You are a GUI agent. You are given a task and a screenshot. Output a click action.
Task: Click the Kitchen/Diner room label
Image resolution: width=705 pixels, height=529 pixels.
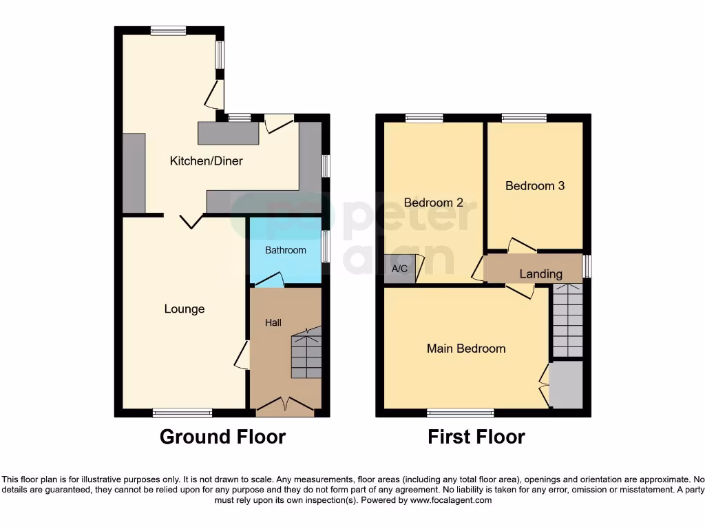(x=207, y=161)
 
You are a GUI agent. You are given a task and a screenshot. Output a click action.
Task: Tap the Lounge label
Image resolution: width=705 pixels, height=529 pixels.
(x=185, y=309)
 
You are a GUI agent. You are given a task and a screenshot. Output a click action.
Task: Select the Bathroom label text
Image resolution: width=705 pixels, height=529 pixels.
(x=286, y=250)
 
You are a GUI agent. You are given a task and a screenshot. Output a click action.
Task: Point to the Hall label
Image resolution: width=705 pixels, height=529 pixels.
(x=273, y=322)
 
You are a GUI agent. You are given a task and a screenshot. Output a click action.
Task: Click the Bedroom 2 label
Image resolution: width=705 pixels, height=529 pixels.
(x=433, y=203)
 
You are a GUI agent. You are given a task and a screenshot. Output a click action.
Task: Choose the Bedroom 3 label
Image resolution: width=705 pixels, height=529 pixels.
(x=535, y=186)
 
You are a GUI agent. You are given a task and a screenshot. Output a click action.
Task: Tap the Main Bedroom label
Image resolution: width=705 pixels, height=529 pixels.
(x=466, y=349)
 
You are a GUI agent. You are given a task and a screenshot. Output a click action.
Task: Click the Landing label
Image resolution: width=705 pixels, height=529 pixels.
(x=540, y=274)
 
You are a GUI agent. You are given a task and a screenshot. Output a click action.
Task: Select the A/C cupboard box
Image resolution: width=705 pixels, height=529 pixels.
(x=399, y=269)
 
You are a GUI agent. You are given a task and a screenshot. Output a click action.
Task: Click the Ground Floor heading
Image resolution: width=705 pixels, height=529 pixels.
(x=222, y=437)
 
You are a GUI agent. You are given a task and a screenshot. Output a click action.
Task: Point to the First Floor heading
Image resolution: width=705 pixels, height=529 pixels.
(x=476, y=437)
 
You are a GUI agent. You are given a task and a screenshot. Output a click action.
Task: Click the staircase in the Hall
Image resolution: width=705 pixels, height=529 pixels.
(x=306, y=354)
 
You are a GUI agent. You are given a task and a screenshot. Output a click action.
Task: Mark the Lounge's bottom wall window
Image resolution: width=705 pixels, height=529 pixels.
(x=182, y=413)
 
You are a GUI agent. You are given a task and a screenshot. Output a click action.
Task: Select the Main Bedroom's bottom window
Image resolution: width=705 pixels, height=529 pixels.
(x=461, y=413)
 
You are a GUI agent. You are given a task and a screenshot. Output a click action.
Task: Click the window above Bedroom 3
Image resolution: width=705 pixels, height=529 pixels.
(x=524, y=118)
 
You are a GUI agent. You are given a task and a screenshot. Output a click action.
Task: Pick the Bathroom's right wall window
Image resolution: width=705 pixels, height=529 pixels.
(x=326, y=246)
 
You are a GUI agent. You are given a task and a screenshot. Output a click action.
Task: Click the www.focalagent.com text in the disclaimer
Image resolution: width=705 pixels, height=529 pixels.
(x=450, y=500)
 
